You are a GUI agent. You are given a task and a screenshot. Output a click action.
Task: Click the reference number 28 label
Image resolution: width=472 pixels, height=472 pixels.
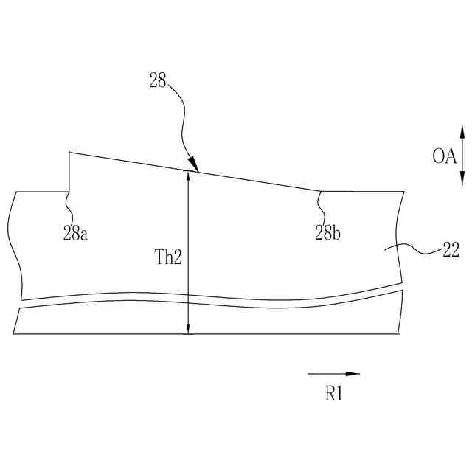click(x=158, y=81)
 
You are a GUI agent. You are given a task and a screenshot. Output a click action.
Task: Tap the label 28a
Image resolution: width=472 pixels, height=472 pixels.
click(x=75, y=235)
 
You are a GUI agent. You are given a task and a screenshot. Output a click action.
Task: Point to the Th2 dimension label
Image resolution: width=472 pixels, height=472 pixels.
click(x=168, y=257)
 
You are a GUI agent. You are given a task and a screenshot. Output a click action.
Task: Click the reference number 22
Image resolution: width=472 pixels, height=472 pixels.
click(x=451, y=251)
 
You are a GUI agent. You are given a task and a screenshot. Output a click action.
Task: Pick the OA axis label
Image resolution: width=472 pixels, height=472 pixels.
click(x=445, y=156)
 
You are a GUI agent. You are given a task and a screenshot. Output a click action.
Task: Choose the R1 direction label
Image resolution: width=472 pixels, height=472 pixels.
click(x=334, y=394)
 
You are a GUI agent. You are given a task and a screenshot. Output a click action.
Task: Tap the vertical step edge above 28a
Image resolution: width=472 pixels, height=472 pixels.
click(x=69, y=172)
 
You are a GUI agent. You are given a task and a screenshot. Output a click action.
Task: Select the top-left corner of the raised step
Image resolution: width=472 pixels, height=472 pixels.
click(x=69, y=153)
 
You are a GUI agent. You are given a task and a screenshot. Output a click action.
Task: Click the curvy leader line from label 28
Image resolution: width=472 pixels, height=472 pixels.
click(x=181, y=118)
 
